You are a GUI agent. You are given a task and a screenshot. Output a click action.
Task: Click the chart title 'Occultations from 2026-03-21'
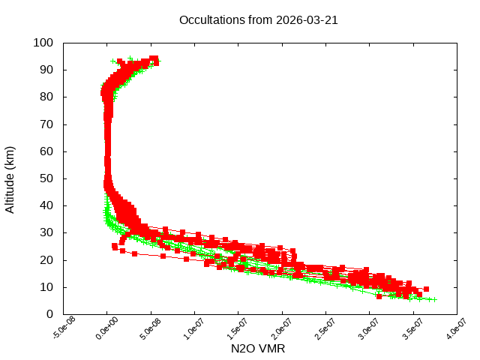[x=258, y=20]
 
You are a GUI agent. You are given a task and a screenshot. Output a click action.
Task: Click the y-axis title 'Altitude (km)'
[x=10, y=178]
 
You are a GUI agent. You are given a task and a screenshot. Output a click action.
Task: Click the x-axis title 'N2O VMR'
[x=258, y=349]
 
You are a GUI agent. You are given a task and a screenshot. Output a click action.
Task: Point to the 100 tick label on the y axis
[x=43, y=43]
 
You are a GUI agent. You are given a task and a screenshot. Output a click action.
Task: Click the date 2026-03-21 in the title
[x=308, y=20]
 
